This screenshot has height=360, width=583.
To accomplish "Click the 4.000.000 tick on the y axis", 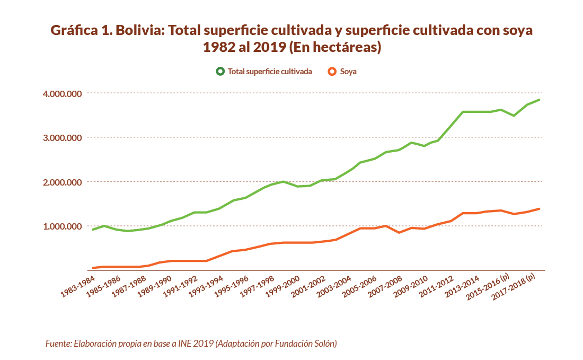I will (61, 94).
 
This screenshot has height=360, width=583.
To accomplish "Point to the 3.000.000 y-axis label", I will (61, 138).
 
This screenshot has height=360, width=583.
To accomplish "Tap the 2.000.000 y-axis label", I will (61, 182).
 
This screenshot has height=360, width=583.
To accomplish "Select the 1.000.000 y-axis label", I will (61, 226).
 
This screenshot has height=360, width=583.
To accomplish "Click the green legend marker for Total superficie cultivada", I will (220, 71).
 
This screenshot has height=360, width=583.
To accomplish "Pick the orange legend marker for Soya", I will (332, 71).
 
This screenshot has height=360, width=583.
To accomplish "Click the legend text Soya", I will (348, 71).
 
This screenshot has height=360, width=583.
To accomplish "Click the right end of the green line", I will (540, 100).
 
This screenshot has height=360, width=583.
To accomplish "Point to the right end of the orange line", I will (540, 209).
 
